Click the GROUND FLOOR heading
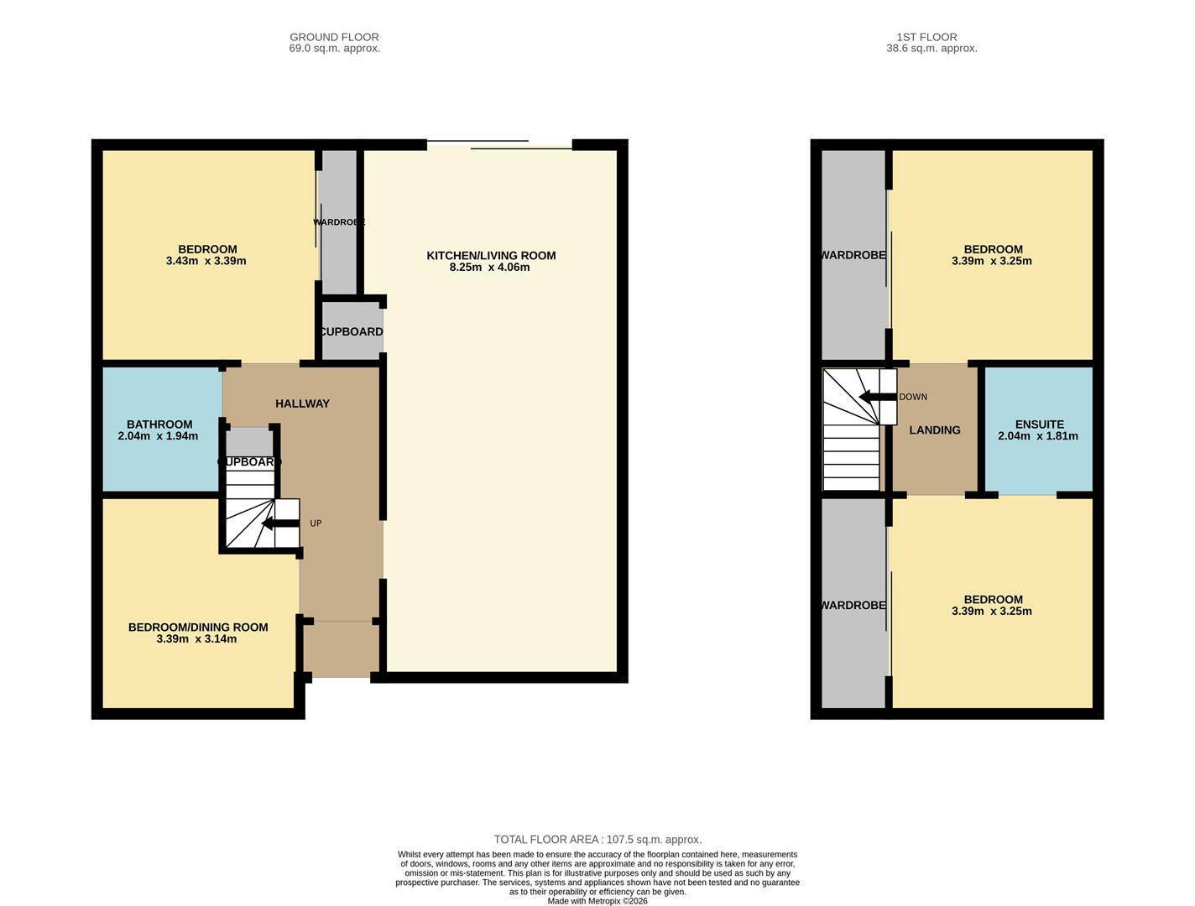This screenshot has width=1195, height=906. click(334, 37)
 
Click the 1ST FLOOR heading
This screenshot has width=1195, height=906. click(926, 37)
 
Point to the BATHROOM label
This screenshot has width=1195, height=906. click(159, 424)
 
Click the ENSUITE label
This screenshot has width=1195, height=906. click(1039, 424)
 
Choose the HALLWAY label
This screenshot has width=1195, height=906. click(302, 404)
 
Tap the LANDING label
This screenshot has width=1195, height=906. click(935, 430)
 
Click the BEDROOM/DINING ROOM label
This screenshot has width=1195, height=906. click(198, 627)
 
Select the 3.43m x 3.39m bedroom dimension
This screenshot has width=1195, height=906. click(206, 261)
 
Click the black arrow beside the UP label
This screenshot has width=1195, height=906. click(280, 523)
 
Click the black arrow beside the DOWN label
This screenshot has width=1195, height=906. click(877, 397)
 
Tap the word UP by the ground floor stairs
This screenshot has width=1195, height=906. click(316, 523)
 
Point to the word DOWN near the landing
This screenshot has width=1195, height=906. click(913, 397)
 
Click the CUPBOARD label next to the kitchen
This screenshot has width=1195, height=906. click(352, 331)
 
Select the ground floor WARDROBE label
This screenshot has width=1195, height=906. click(339, 222)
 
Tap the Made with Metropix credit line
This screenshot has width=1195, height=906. click(597, 901)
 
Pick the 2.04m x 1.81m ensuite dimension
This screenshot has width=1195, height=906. click(1038, 436)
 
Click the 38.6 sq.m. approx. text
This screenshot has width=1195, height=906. click(931, 49)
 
